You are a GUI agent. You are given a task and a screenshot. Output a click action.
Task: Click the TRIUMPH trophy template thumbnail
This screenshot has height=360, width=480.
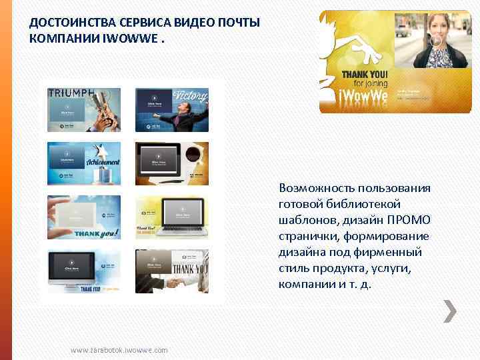pyautogui.click(x=84, y=110)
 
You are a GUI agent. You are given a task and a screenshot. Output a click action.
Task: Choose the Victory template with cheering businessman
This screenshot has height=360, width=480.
pyautogui.click(x=172, y=110)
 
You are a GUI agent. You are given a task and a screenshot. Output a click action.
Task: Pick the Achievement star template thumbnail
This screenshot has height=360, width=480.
pyautogui.click(x=84, y=163)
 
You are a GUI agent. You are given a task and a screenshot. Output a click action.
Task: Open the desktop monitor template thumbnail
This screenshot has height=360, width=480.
pyautogui.click(x=84, y=271)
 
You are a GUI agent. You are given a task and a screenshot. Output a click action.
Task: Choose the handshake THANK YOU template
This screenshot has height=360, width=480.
pyautogui.click(x=172, y=271)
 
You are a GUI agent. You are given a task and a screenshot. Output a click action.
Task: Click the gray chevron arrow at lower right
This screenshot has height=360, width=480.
pyautogui.click(x=451, y=310)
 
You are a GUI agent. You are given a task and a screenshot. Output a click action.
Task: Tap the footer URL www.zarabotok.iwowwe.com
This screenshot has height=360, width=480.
pyautogui.click(x=119, y=350)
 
